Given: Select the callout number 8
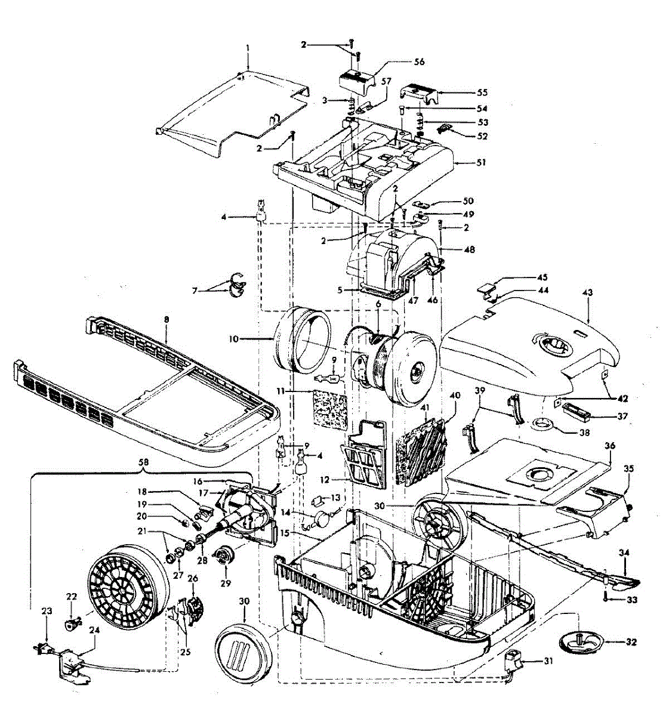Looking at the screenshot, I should pyautogui.click(x=167, y=320).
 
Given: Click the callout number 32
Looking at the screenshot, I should pyautogui.click(x=631, y=643).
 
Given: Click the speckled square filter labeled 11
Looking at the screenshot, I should pyautogui.click(x=329, y=411).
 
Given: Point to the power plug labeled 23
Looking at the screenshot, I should pyautogui.click(x=45, y=649).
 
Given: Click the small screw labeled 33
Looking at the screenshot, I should pyautogui.click(x=606, y=598).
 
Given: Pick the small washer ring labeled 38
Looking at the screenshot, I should pyautogui.click(x=544, y=424).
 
